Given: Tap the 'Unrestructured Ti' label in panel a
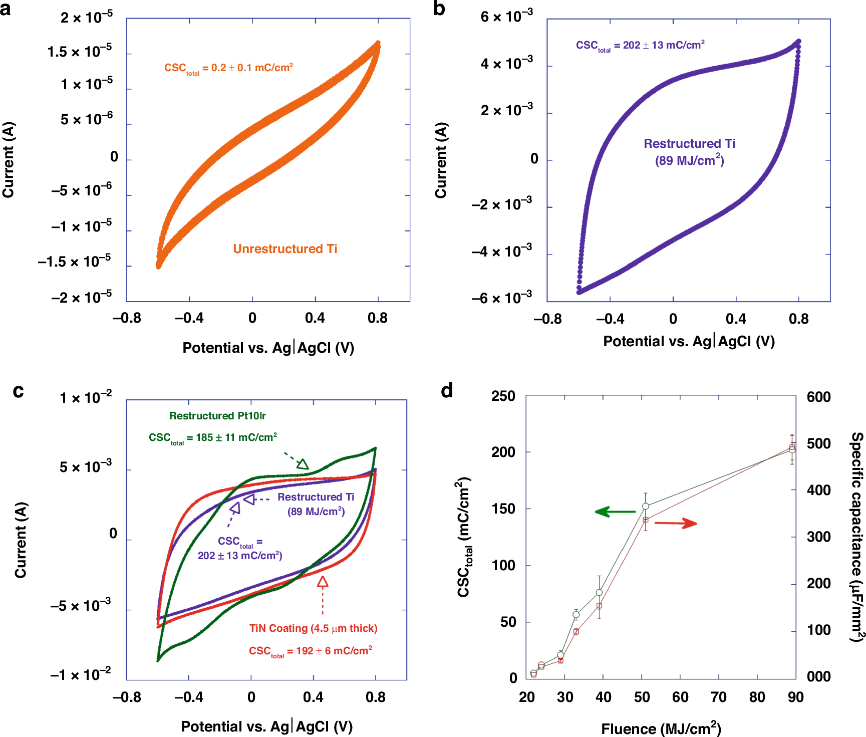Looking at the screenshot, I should [285, 249].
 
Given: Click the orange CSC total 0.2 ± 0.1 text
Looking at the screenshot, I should [228, 68].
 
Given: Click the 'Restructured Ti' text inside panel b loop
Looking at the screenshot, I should [689, 144].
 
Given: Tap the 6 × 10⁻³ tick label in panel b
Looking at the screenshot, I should [506, 17].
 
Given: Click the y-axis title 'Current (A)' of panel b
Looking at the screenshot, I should [441, 160].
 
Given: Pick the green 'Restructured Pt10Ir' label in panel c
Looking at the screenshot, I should [217, 416].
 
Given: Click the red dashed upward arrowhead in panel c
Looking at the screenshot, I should [323, 582].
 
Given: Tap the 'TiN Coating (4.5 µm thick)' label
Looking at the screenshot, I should [313, 628].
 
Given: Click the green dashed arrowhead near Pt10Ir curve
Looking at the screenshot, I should [303, 464].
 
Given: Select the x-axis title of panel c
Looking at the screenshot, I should [266, 726].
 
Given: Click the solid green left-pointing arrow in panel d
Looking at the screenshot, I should [615, 512].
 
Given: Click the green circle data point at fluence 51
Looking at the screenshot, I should [646, 507].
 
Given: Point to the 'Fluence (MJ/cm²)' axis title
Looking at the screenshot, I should [661, 728].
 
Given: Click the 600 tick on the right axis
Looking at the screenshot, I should [818, 397].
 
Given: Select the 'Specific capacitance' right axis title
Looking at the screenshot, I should [857, 536].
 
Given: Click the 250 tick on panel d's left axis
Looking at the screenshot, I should [503, 396].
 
